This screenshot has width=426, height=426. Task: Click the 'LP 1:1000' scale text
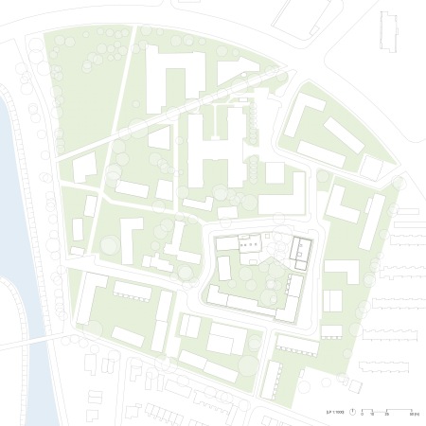[x=335, y=412]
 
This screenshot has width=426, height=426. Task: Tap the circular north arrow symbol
[x=352, y=412]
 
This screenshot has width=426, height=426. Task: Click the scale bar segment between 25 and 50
[x=399, y=410]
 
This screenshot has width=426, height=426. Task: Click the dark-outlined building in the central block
[x=301, y=250]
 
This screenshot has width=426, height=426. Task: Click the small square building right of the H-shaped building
[x=275, y=172]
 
